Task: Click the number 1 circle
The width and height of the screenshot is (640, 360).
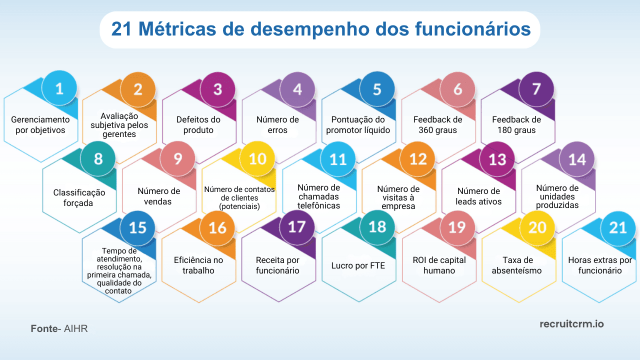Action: click(59, 89)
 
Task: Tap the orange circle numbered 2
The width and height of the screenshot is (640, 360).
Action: click(138, 89)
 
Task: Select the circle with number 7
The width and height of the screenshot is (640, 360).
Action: click(536, 89)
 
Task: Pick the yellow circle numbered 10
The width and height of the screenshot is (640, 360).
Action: click(257, 159)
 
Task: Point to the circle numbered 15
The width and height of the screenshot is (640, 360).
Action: click(138, 227)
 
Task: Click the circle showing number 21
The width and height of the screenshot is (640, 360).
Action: click(617, 227)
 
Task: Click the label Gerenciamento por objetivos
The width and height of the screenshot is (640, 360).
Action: click(40, 125)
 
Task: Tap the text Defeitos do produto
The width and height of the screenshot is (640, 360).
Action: click(198, 125)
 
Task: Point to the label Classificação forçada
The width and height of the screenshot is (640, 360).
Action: click(79, 197)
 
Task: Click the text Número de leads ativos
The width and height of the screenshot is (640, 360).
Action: click(478, 196)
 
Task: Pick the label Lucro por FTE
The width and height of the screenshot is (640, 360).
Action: click(358, 265)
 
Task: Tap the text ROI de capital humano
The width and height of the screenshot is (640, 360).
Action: click(439, 265)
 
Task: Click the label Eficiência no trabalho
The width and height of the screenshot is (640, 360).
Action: click(198, 265)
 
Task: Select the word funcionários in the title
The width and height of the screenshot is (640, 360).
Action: click(472, 29)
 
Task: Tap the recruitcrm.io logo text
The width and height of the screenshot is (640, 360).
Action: click(571, 324)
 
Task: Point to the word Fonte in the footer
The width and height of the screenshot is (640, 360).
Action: click(43, 329)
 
